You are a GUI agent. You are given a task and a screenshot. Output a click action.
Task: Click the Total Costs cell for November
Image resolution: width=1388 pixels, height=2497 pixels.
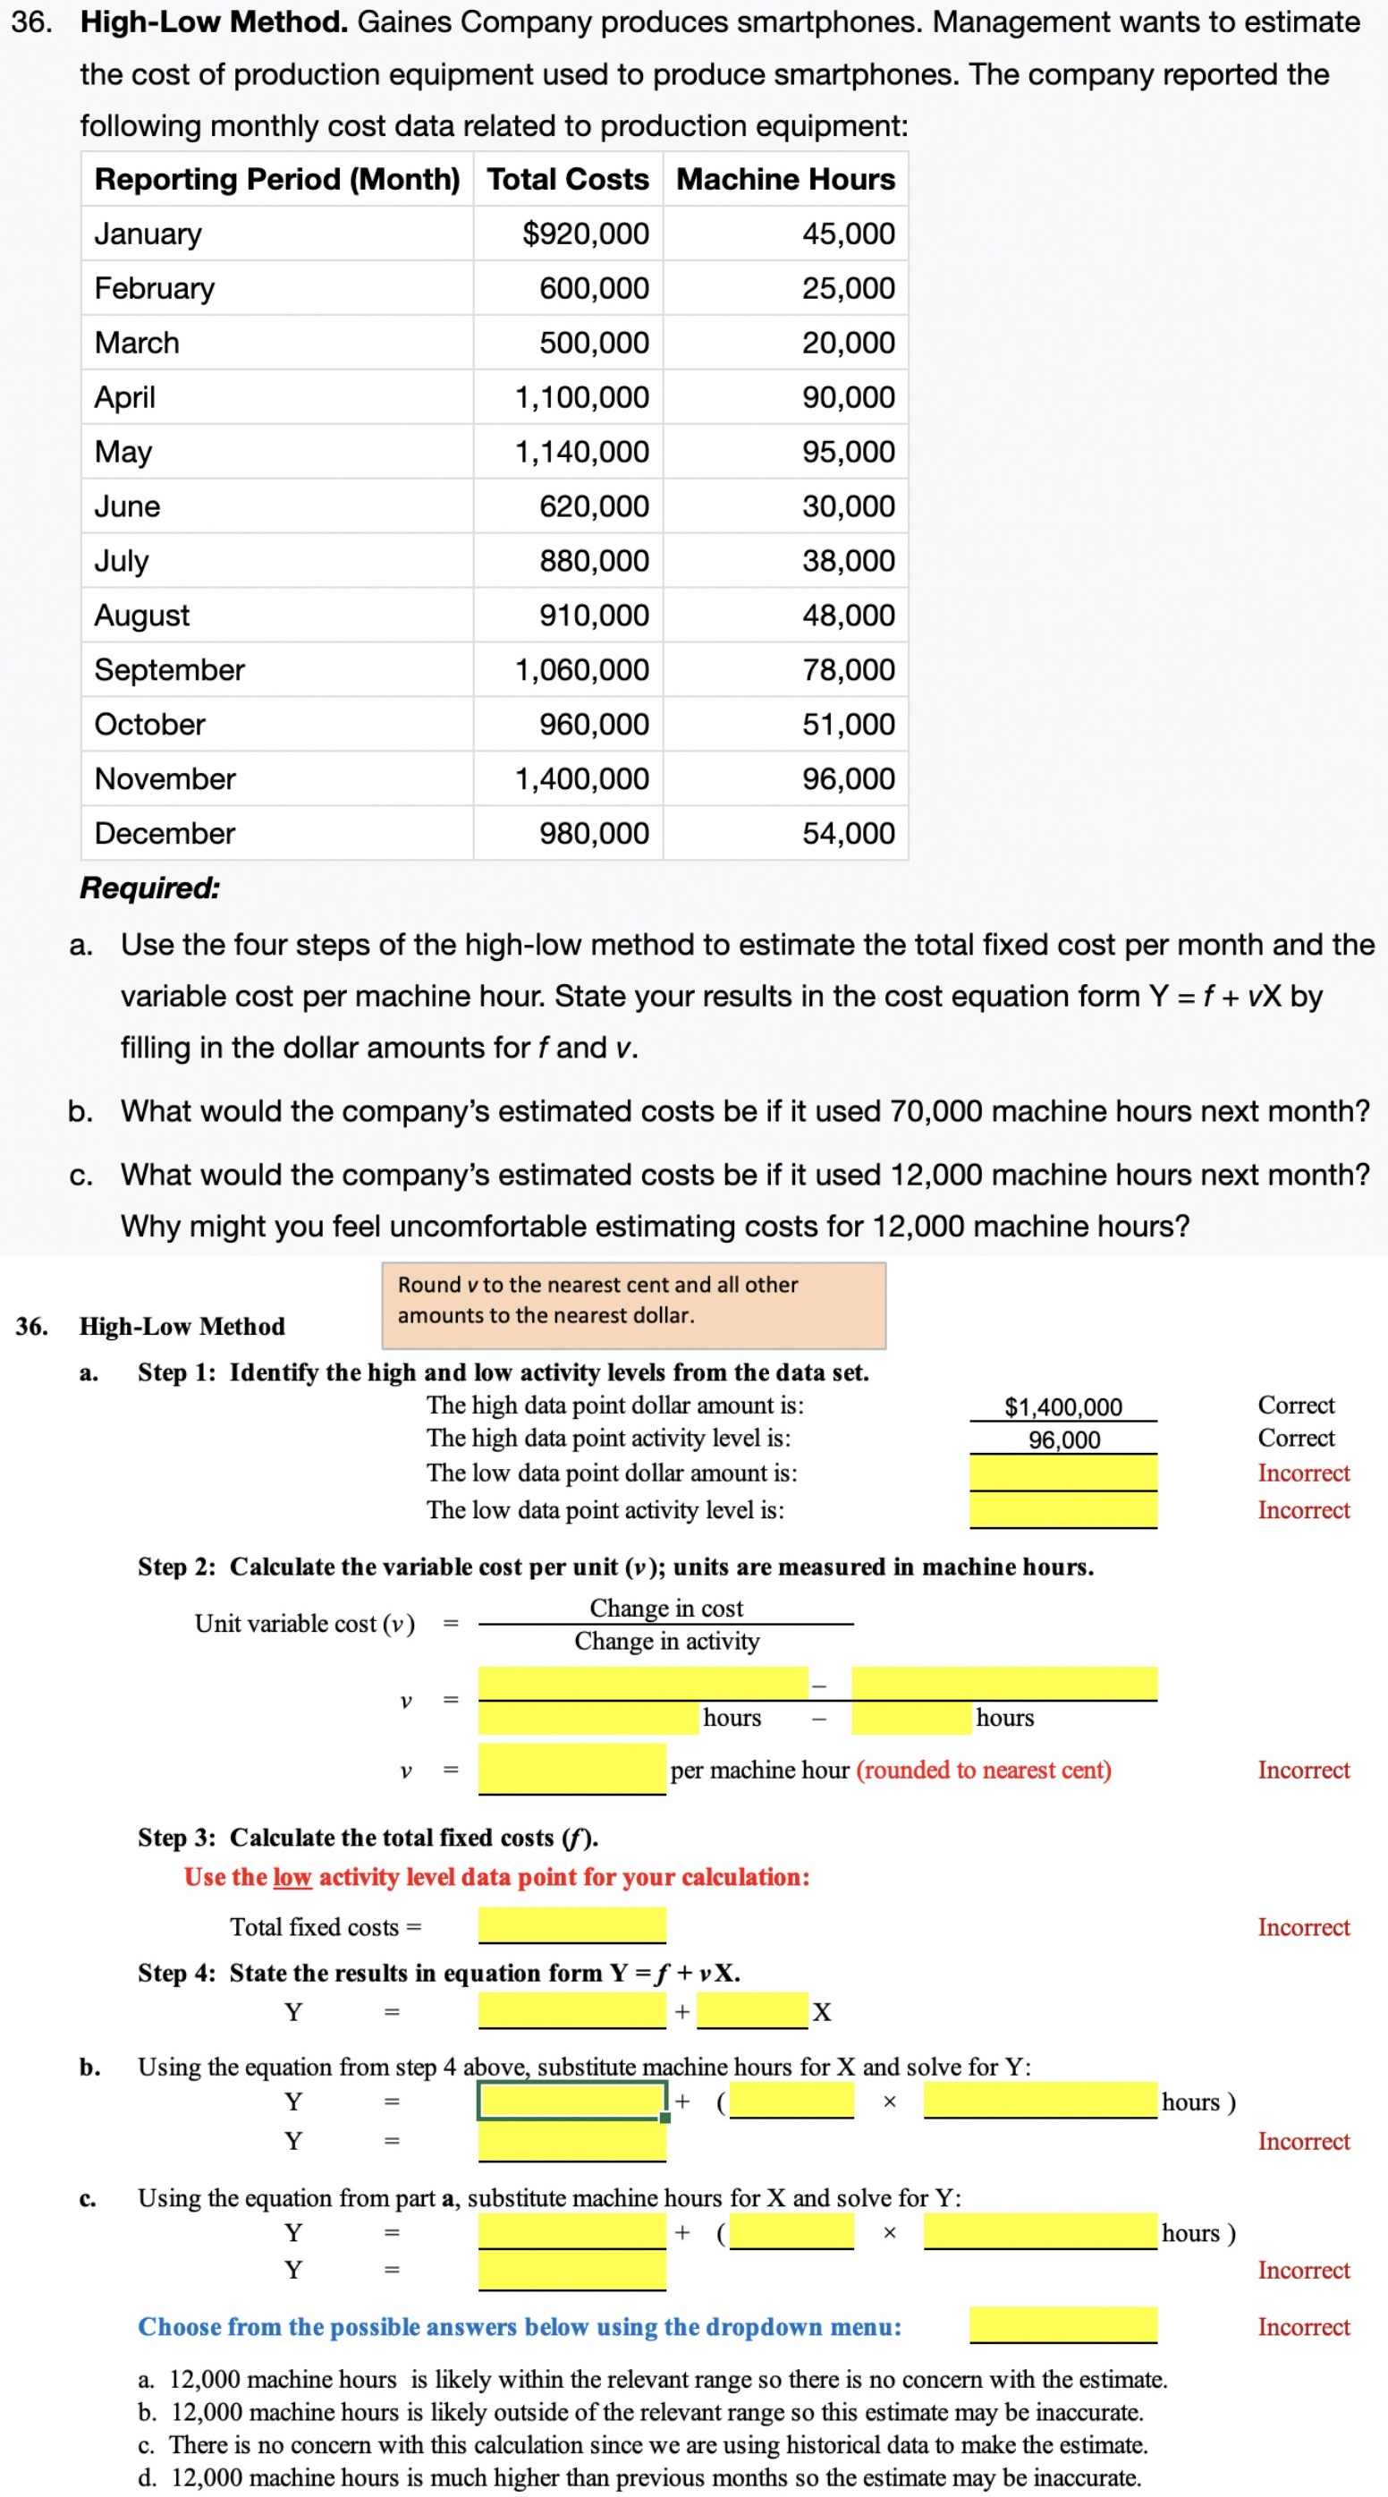580,778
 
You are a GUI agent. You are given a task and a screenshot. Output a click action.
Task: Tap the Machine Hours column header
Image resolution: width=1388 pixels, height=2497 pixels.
785,178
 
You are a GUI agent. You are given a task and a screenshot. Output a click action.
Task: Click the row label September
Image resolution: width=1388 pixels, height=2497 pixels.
170,670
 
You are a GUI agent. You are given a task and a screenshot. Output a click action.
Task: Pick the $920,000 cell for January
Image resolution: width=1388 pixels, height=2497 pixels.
585,234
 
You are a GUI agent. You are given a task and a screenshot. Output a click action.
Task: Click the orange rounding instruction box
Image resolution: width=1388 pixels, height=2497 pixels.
633,1304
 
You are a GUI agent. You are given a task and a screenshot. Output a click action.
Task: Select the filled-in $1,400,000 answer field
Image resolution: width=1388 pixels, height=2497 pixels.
1062,1406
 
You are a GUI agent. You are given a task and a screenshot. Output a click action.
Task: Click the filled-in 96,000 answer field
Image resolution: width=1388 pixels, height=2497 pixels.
1062,1440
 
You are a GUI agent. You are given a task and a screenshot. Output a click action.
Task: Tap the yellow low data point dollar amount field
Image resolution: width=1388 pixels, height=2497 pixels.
1062,1474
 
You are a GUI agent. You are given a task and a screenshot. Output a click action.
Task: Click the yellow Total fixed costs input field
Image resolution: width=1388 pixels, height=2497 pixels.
571,1925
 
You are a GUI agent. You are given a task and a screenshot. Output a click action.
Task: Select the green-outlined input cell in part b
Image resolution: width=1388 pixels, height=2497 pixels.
571,2101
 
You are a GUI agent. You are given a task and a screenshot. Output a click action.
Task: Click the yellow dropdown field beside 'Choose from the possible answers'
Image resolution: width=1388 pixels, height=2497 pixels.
1062,2324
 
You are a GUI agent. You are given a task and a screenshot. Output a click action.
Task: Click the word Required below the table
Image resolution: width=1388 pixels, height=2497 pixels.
150,888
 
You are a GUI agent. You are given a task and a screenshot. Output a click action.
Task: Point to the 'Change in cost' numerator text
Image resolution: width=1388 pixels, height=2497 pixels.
666,1608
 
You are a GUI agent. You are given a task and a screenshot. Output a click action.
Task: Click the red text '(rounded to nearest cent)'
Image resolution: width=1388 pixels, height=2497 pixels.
983,1770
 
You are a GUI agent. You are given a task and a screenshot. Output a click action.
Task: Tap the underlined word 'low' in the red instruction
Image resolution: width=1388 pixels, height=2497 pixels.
292,1877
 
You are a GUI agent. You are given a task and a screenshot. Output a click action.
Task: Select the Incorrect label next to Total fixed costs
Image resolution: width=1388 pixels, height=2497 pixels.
1303,1927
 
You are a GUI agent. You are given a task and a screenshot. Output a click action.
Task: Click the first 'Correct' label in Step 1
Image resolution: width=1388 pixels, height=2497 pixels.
1295,1405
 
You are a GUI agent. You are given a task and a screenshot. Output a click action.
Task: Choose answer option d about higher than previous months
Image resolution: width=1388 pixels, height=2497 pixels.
639,2476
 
